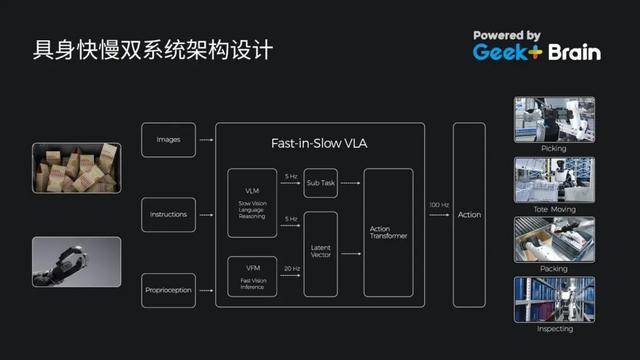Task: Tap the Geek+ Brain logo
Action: (537, 46)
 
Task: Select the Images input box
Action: (168, 140)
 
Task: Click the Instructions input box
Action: (168, 214)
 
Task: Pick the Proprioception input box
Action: (168, 290)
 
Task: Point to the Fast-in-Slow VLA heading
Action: (319, 144)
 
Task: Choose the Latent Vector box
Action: (320, 254)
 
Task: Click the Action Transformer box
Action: (388, 232)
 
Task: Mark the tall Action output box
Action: (468, 214)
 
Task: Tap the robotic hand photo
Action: (76, 261)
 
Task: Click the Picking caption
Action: (553, 148)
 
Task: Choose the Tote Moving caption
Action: (553, 208)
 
